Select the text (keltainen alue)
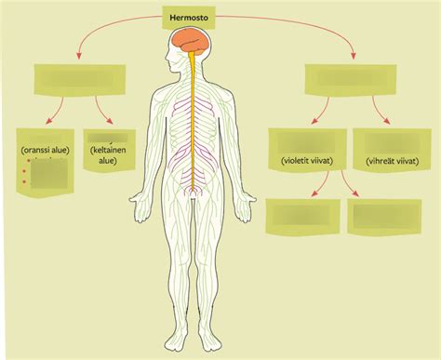pyautogui.click(x=109, y=153)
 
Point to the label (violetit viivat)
pyautogui.click(x=307, y=160)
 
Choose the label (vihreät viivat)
pyautogui.click(x=391, y=160)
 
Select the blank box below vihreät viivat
pyautogui.click(x=383, y=218)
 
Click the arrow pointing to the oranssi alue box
pyautogui.click(x=55, y=113)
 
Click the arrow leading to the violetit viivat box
pyautogui.click(x=321, y=113)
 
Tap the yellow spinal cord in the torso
pyautogui.click(x=194, y=121)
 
